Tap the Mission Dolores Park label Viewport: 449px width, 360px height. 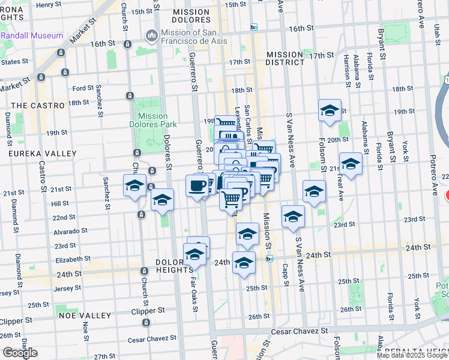152,121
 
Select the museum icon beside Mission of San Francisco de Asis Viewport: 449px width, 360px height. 152,36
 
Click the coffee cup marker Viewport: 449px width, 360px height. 197,185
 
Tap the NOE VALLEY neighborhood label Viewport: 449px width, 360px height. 85,316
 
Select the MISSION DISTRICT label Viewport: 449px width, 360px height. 286,58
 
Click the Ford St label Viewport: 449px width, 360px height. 82,88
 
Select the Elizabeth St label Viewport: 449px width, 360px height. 73,259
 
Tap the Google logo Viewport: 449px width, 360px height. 20,353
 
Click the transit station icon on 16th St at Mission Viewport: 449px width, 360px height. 254,27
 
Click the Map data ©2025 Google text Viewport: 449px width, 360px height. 412,355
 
